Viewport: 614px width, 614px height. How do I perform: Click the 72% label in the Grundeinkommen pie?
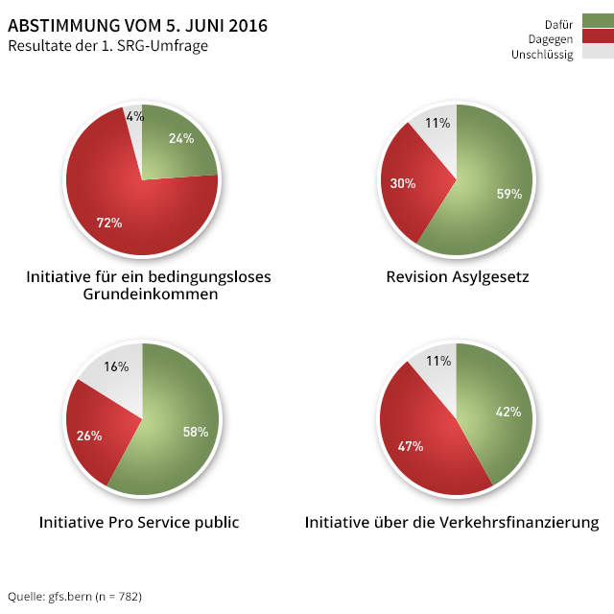(x=109, y=223)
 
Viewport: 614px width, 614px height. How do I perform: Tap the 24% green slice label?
(x=181, y=138)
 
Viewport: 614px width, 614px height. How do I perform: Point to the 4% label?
(x=135, y=116)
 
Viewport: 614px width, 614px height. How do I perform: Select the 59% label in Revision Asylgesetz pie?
(x=508, y=194)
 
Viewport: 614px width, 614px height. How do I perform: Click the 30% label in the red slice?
(x=403, y=183)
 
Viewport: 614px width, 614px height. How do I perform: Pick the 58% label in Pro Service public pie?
(x=196, y=432)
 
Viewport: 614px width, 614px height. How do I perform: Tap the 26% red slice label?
(x=89, y=436)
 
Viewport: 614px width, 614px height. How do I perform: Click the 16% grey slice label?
(x=116, y=366)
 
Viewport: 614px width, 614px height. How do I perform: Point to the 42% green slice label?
(x=508, y=412)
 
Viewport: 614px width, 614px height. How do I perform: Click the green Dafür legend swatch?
(x=597, y=21)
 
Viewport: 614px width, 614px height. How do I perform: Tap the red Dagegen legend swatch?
(x=597, y=37)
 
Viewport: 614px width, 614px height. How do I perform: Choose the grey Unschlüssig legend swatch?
(x=597, y=53)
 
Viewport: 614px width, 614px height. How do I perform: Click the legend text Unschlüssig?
(x=542, y=55)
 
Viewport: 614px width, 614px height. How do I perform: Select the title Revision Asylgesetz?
(x=458, y=277)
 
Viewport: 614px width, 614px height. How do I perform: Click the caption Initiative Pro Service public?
(x=139, y=523)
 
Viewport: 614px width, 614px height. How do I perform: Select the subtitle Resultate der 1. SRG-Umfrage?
(x=107, y=45)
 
